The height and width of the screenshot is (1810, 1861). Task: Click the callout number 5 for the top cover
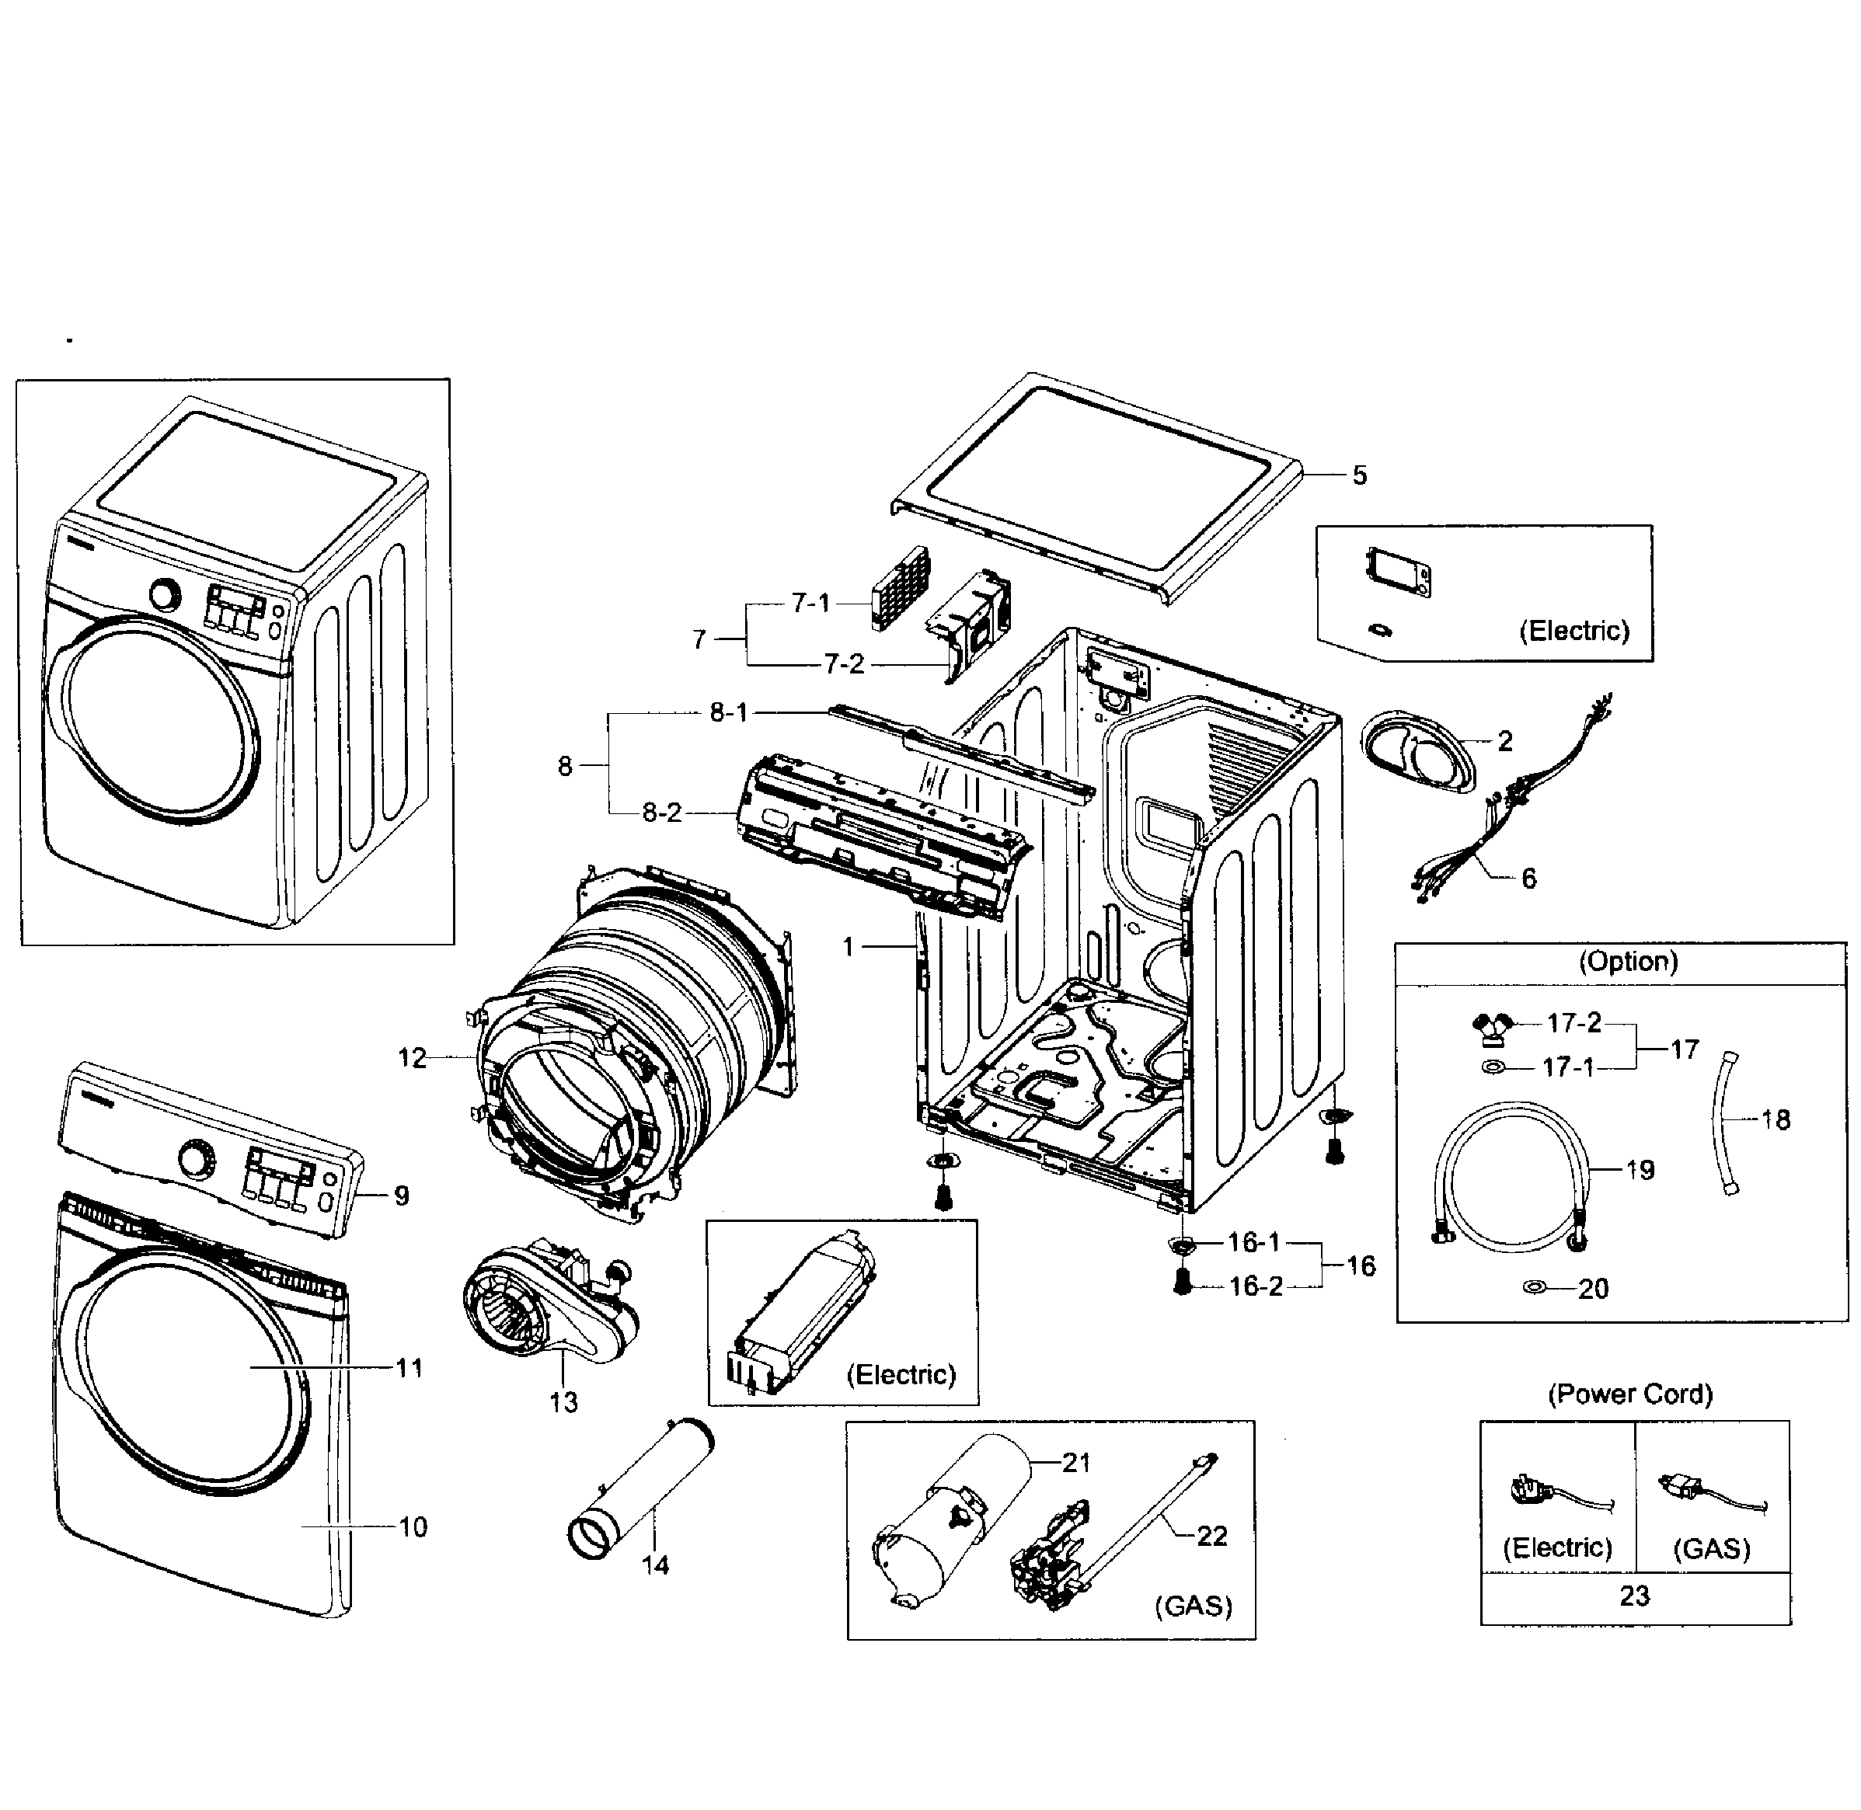(1359, 475)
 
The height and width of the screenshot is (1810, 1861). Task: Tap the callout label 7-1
(810, 603)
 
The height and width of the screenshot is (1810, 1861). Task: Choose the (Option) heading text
(1628, 961)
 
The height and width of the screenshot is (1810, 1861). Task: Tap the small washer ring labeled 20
(1534, 1286)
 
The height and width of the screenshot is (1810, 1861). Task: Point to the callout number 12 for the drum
(412, 1058)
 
